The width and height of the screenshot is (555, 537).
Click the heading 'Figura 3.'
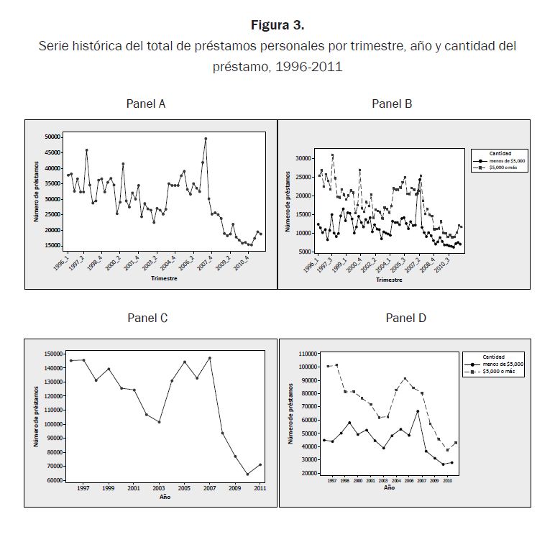[277, 25]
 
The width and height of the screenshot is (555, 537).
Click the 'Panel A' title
[146, 104]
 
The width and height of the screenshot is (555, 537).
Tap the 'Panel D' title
[405, 318]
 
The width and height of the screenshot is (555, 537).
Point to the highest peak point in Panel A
[206, 139]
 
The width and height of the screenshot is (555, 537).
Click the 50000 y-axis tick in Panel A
[52, 137]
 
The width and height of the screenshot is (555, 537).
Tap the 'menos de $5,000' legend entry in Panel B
[508, 160]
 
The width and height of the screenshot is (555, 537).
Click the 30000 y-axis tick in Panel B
[302, 158]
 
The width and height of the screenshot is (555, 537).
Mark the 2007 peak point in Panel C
[209, 358]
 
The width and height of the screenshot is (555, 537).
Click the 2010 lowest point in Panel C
[247, 474]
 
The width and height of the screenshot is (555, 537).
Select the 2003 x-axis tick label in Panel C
[159, 487]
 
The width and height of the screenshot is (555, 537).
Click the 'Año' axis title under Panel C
[165, 497]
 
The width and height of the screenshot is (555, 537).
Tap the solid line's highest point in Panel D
[417, 411]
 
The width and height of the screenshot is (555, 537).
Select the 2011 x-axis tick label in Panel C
[260, 487]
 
